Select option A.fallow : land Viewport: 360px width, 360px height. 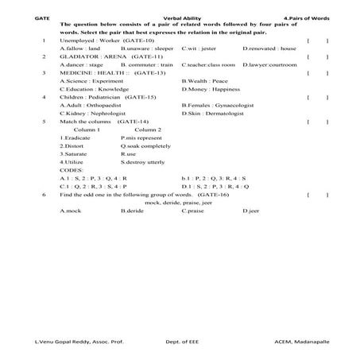coord(79,48)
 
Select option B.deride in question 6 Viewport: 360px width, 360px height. coord(132,211)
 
